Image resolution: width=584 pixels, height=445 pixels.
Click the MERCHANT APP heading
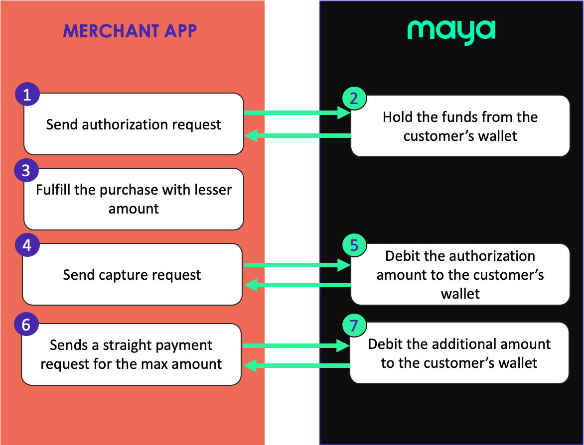pyautogui.click(x=130, y=31)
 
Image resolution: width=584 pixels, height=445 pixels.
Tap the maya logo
pyautogui.click(x=451, y=31)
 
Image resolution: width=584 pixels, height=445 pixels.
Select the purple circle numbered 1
pyautogui.click(x=27, y=95)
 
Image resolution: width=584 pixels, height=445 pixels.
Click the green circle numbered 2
pyautogui.click(x=354, y=98)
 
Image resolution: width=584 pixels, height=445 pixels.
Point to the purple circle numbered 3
pyautogui.click(x=26, y=171)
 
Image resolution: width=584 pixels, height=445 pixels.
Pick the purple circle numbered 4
pyautogui.click(x=27, y=245)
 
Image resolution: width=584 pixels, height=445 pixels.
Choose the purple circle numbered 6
pyautogui.click(x=26, y=325)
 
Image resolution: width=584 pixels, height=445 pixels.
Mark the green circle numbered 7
pyautogui.click(x=354, y=326)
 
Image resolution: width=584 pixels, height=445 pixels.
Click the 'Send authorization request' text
pyautogui.click(x=134, y=124)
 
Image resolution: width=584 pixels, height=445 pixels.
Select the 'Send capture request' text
pyautogui.click(x=132, y=274)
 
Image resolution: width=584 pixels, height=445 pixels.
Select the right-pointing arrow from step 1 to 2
pyautogui.click(x=297, y=113)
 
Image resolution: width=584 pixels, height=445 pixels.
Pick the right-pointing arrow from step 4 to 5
pyautogui.click(x=297, y=266)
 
